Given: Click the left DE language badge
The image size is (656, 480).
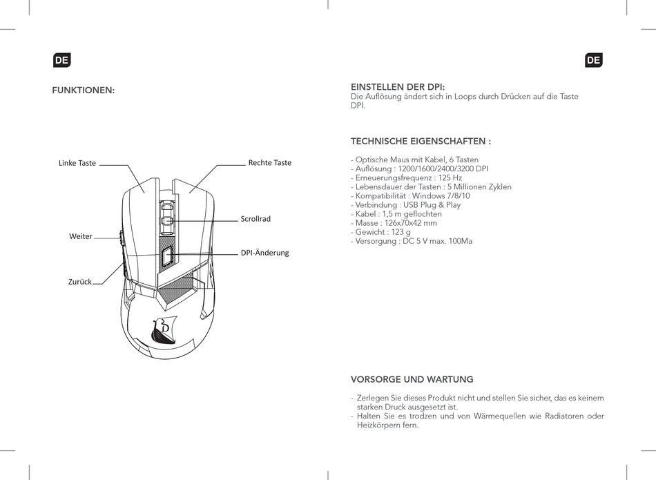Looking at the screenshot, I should [62, 60].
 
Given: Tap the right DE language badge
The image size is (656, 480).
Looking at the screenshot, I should [593, 60].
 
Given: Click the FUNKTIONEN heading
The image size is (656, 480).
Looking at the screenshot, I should [84, 90].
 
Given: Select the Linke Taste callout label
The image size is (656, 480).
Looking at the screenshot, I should [77, 163].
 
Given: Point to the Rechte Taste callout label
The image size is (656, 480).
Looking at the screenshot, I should [269, 163].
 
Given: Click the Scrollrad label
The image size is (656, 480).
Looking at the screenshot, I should [255, 219].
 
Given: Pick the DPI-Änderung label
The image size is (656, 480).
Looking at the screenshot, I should [264, 253].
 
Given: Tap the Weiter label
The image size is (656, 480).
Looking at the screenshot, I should [81, 236].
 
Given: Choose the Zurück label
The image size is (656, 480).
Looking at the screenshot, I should [80, 282].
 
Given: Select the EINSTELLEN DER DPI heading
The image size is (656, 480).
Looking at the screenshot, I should [398, 87].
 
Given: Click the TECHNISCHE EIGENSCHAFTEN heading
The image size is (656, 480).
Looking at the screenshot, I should [421, 142].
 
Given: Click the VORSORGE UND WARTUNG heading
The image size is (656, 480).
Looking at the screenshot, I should [412, 380].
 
